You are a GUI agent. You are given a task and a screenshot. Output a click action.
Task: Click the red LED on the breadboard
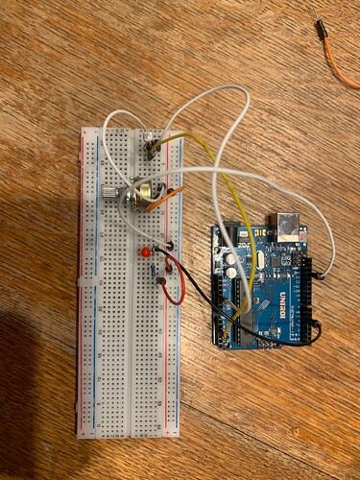144,252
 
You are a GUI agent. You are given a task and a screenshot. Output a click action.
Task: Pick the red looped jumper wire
173,289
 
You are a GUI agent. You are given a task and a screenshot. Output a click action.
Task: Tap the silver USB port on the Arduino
288,227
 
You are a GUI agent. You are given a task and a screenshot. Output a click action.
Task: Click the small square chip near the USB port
286,259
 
